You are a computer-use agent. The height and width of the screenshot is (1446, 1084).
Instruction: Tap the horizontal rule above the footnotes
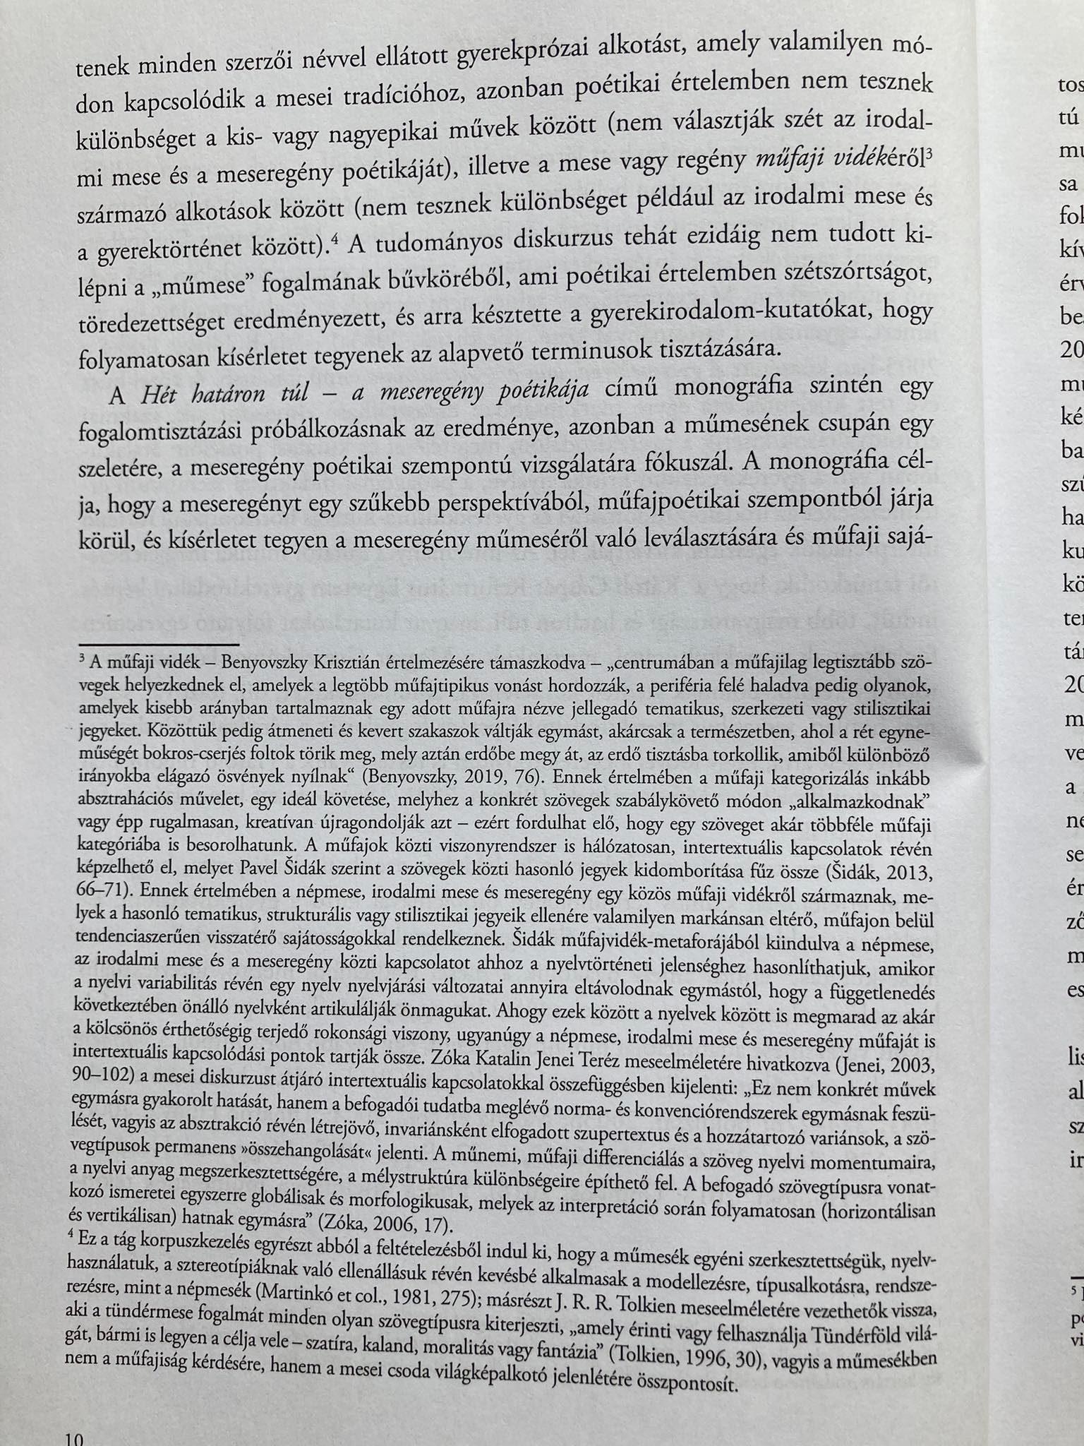click(x=159, y=645)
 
